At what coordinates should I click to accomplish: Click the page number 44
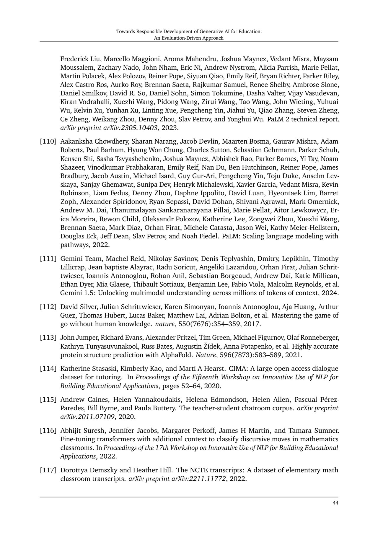coord(335,503)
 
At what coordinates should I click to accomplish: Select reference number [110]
coord(48,142)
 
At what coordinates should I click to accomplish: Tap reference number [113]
coord(48,338)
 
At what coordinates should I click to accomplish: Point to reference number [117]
coord(48,470)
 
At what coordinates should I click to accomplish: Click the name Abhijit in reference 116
coord(71,431)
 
